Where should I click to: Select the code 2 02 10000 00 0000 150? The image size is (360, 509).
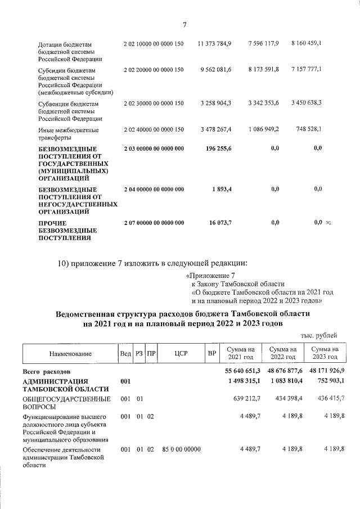pos(154,43)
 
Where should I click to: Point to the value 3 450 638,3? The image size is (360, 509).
pos(307,103)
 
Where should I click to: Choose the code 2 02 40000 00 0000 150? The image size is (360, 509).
pos(154,129)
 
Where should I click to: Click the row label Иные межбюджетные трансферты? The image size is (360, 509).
pos(69,133)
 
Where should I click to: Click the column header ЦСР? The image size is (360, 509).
pos(181,353)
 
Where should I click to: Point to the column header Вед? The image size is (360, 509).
pos(125,353)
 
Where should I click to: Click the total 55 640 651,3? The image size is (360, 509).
pos(238,372)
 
